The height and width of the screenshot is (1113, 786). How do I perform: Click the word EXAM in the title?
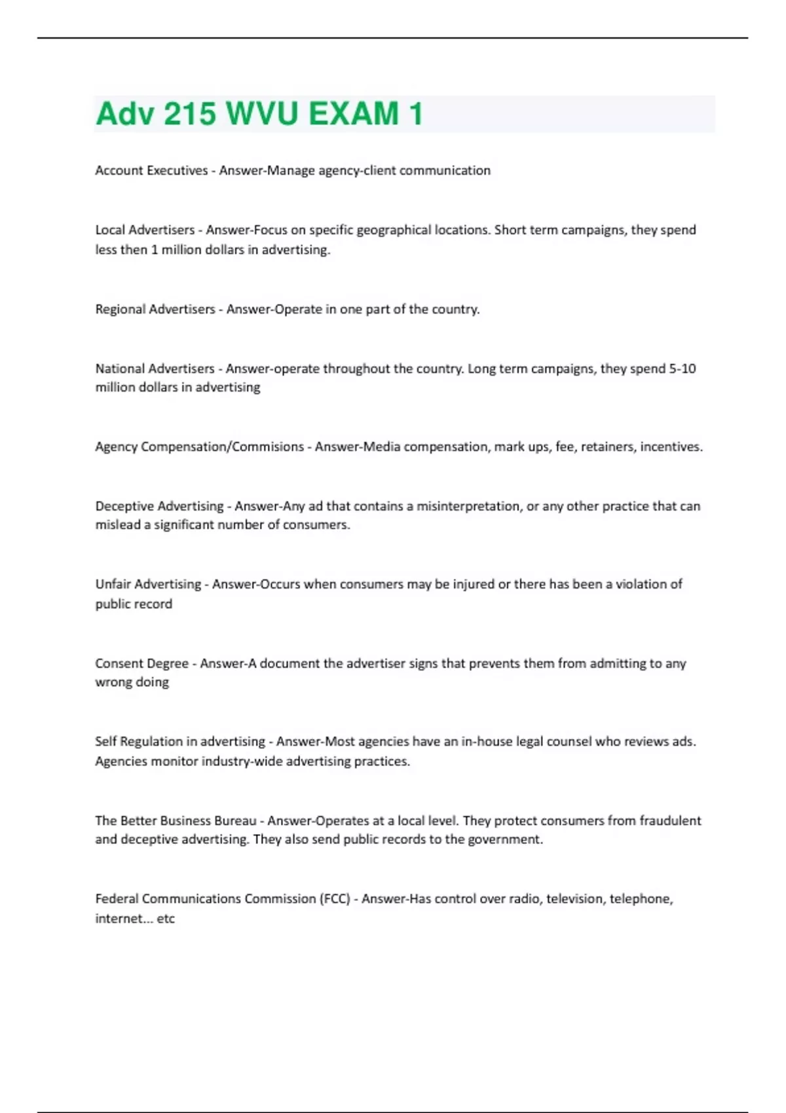(x=354, y=114)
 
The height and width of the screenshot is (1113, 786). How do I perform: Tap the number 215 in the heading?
(x=189, y=114)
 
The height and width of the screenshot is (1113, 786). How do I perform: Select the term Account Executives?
(x=151, y=170)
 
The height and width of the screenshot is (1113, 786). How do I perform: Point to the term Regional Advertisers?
(x=155, y=309)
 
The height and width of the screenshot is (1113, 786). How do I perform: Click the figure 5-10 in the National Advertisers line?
(x=682, y=369)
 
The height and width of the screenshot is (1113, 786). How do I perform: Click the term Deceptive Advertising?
(x=159, y=506)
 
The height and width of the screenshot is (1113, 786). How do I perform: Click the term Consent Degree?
(x=141, y=663)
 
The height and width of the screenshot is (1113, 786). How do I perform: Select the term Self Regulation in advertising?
(x=180, y=742)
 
